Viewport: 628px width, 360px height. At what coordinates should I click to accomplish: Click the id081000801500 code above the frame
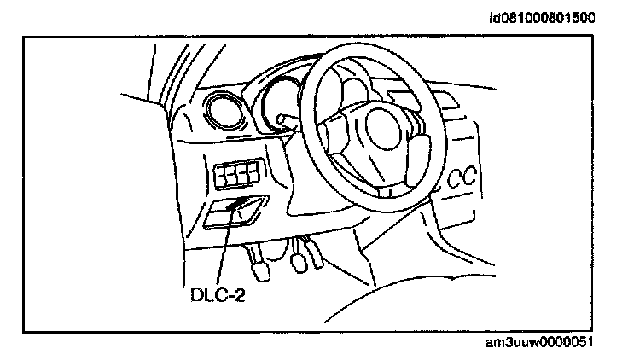[x=542, y=16]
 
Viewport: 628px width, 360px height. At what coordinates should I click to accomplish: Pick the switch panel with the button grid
[x=237, y=176]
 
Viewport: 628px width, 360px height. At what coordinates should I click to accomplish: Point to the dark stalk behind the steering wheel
[x=285, y=119]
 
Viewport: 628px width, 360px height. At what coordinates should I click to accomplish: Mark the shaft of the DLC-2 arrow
[x=224, y=247]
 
